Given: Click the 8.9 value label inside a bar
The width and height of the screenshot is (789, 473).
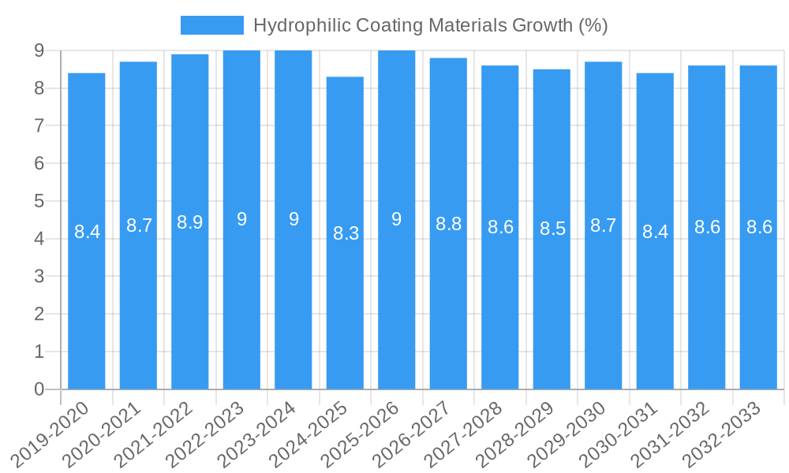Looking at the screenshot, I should [x=190, y=222].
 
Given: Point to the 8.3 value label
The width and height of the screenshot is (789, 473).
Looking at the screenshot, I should [x=346, y=233].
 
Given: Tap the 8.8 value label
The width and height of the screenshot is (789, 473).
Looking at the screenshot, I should [x=448, y=224].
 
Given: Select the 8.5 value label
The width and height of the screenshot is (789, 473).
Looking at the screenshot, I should [x=552, y=229].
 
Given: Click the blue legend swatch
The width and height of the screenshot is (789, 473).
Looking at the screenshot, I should [x=211, y=25].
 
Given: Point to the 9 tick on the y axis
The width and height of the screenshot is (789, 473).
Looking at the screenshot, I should [x=38, y=50].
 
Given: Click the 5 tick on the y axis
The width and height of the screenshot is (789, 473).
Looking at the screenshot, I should [x=38, y=201].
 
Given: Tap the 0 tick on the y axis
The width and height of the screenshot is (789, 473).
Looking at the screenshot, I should [x=38, y=389].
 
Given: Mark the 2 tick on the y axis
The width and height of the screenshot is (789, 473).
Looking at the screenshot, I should [x=38, y=314].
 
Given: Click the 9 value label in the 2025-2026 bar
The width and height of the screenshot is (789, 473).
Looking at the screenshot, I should [x=397, y=219].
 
